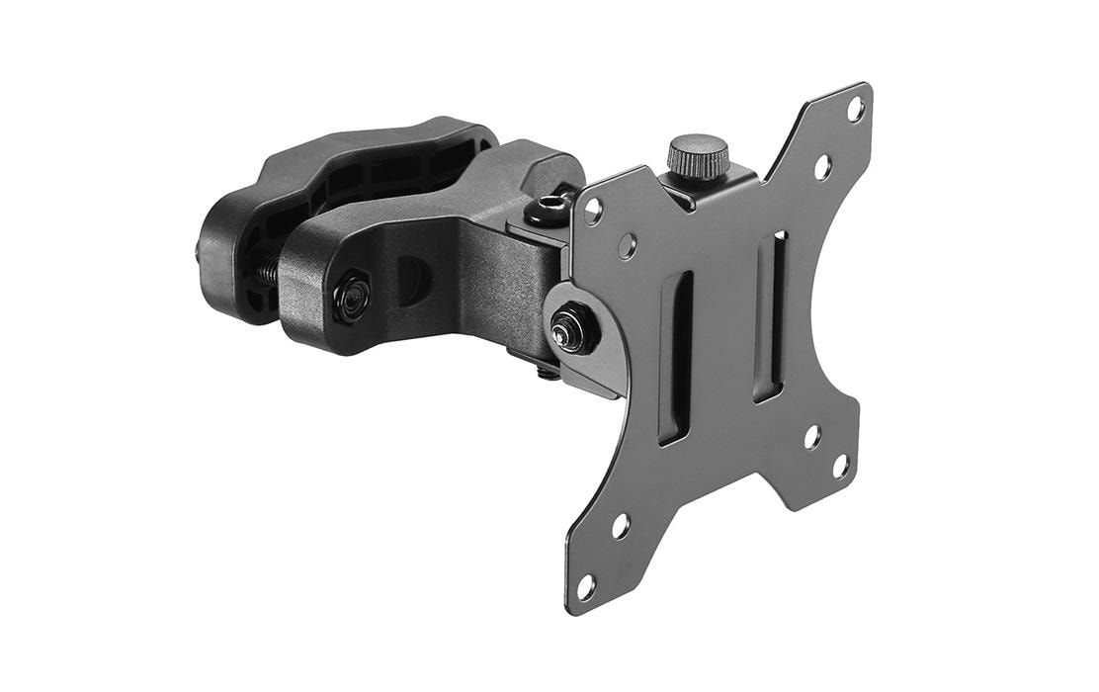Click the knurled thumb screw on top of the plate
click(x=698, y=156)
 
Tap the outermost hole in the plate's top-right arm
click(x=855, y=109)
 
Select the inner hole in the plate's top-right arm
click(x=822, y=167)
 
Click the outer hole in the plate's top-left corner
click(x=593, y=211)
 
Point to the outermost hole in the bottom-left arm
click(x=586, y=587)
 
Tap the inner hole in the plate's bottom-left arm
click(x=621, y=526)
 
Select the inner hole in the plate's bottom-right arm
click(x=811, y=436)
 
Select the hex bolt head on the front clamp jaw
click(x=350, y=296)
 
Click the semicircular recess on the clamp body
click(x=413, y=282)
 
